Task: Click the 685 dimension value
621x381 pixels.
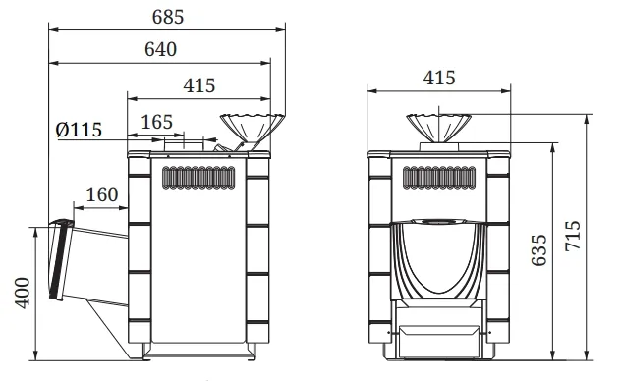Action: (x=168, y=17)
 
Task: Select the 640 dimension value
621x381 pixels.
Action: (x=160, y=49)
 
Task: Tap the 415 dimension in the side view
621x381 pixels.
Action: (x=199, y=85)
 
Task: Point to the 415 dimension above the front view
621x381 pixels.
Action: (x=439, y=78)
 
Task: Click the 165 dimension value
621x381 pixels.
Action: (x=157, y=122)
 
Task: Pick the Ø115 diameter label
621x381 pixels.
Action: (x=79, y=130)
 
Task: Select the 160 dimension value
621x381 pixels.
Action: (x=102, y=194)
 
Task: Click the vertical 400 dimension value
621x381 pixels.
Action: (x=23, y=293)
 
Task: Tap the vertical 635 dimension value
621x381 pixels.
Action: (x=539, y=250)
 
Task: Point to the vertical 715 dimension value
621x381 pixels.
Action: (x=573, y=236)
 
